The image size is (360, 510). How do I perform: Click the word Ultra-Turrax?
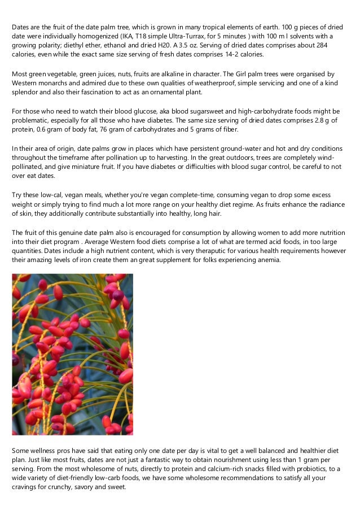click(x=168, y=36)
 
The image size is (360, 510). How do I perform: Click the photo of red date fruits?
click(x=73, y=354)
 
